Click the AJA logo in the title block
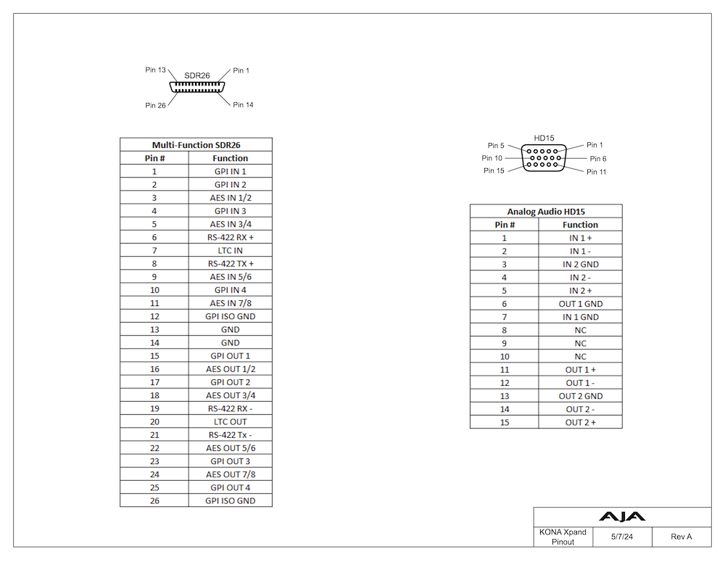click(x=622, y=517)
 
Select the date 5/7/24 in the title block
click(x=621, y=537)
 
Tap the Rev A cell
click(x=681, y=537)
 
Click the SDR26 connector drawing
click(x=197, y=87)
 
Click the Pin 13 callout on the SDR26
click(x=156, y=70)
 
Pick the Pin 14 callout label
click(x=244, y=104)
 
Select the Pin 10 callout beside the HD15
click(x=492, y=158)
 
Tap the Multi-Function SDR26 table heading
click(x=196, y=145)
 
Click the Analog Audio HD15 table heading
click(x=545, y=211)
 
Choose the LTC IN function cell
click(x=230, y=250)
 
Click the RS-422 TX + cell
click(x=230, y=263)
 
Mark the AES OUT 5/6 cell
click(x=230, y=447)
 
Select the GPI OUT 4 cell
click(x=230, y=487)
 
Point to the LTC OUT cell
click(x=230, y=421)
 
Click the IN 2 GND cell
click(x=580, y=264)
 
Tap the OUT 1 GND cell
click(x=580, y=304)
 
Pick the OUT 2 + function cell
click(x=580, y=422)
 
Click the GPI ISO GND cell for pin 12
click(x=230, y=316)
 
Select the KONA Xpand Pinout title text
click(x=563, y=537)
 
